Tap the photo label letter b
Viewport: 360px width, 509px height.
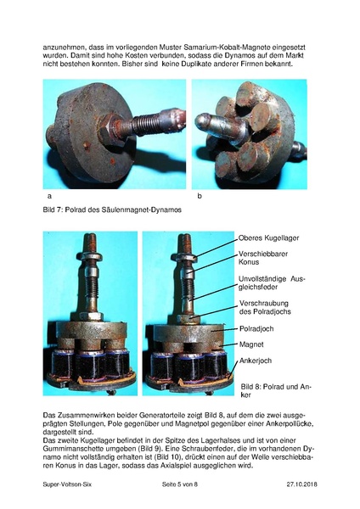pyautogui.click(x=199, y=196)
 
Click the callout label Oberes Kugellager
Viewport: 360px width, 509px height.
pyautogui.click(x=269, y=238)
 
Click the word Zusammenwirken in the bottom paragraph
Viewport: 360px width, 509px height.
pyautogui.click(x=90, y=413)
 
